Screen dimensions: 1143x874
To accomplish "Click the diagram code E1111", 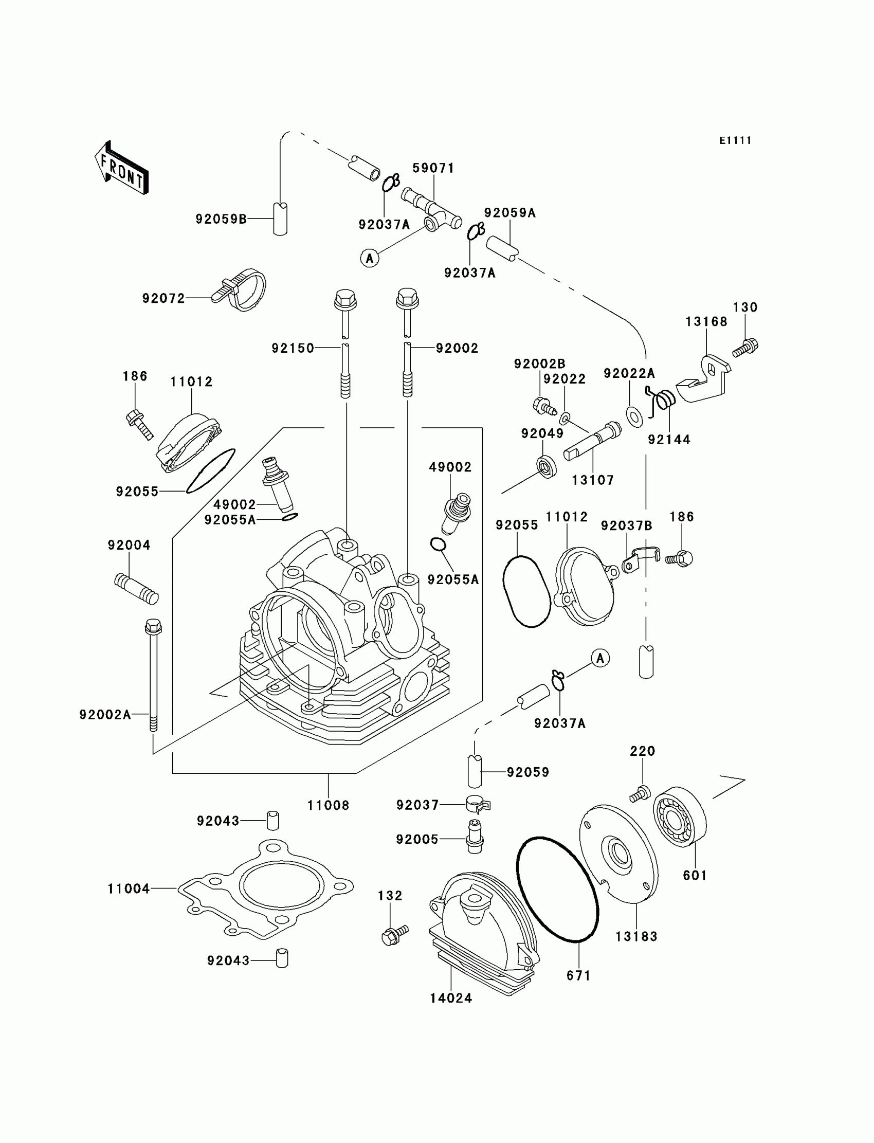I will pyautogui.click(x=735, y=140).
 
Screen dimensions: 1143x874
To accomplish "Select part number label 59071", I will pyautogui.click(x=433, y=168).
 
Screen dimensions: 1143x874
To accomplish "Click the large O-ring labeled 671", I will pyautogui.click(x=557, y=889).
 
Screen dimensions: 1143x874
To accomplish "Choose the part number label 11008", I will pyautogui.click(x=329, y=805).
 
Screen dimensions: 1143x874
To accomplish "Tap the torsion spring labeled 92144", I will pyautogui.click(x=663, y=401).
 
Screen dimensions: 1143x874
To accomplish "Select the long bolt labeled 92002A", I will pyautogui.click(x=154, y=676).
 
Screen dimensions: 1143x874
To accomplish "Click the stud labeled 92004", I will pyautogui.click(x=136, y=588).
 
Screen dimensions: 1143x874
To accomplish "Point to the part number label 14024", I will pyautogui.click(x=451, y=998).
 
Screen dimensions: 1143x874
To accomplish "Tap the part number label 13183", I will pyautogui.click(x=636, y=936).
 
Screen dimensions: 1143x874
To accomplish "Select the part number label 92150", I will pyautogui.click(x=293, y=348).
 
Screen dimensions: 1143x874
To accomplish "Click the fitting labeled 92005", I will pyautogui.click(x=474, y=838).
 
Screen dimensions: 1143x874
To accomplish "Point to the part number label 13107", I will pyautogui.click(x=593, y=480).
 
